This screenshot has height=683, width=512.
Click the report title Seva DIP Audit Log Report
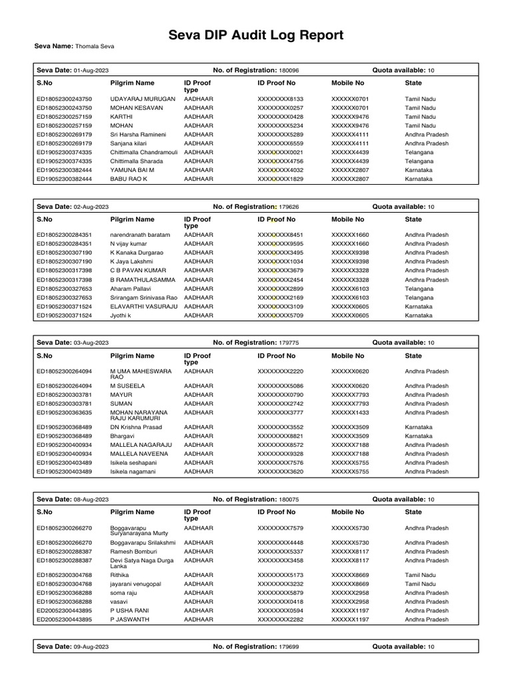coord(256,35)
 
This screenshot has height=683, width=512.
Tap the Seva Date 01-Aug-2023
coord(91,70)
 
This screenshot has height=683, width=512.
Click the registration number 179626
coord(288,207)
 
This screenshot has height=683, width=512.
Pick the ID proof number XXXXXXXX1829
coord(280,179)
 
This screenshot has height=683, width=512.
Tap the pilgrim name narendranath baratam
coord(141,235)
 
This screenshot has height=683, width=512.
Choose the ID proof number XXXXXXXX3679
coord(280,271)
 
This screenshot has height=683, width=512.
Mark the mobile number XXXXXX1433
coord(350,413)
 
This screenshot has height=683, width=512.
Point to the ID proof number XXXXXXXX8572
coord(280,445)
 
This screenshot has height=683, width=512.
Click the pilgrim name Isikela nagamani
coord(133,472)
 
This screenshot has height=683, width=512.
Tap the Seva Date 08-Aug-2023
coord(91,500)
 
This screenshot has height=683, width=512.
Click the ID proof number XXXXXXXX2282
coord(280,620)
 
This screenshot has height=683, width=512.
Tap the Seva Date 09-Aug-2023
coord(91,647)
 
